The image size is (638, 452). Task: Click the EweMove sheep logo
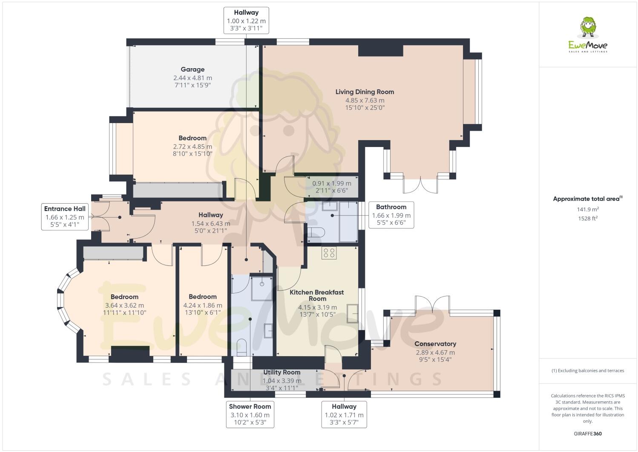588,28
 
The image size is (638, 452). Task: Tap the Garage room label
193,69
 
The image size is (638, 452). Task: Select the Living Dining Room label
365,92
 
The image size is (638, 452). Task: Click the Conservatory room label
435,344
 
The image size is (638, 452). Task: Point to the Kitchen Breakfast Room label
317,295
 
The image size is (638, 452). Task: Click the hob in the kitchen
329,253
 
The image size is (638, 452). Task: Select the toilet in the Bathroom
316,232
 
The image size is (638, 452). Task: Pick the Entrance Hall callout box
65,217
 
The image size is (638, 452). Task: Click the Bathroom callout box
391,215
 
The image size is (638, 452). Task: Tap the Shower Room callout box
250,414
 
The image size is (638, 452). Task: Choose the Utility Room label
282,372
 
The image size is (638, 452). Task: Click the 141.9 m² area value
587,209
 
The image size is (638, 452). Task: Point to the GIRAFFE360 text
587,434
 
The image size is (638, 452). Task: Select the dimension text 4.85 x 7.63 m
365,101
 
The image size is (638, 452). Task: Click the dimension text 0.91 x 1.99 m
332,184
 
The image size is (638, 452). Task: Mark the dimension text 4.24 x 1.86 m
203,305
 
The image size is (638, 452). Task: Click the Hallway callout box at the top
246,20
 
